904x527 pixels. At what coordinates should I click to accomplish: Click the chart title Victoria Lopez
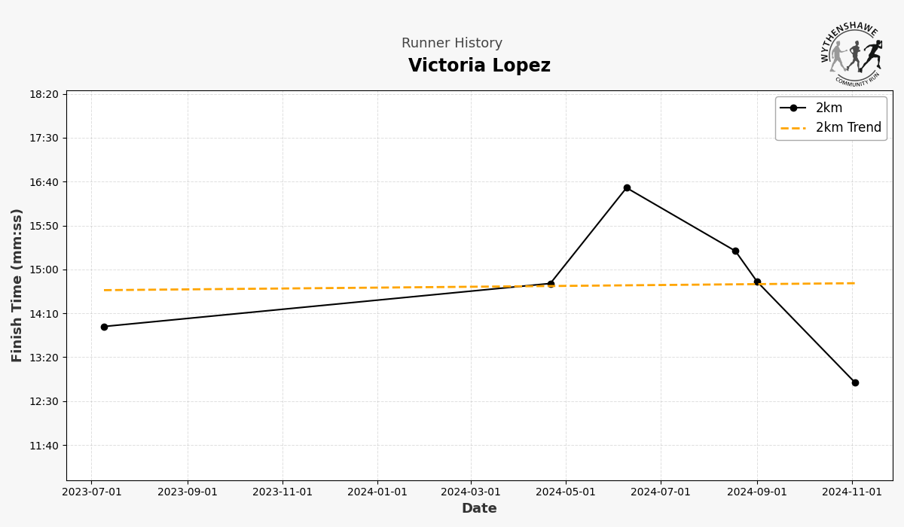[x=479, y=66]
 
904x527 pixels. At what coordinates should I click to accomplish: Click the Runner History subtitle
[x=452, y=44]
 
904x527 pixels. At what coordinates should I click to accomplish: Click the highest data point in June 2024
[x=627, y=187]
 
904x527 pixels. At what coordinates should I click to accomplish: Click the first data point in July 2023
[x=104, y=327]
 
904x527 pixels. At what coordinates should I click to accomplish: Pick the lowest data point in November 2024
[x=855, y=382]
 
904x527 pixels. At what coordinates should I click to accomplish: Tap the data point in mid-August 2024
[x=735, y=251]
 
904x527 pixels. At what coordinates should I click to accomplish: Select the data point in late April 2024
[x=551, y=284]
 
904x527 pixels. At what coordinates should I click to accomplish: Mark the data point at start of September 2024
[x=757, y=282]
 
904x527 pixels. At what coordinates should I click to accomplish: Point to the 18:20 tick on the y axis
[x=44, y=94]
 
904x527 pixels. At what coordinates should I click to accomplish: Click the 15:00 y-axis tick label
[x=44, y=270]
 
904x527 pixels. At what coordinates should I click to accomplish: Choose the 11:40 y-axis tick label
[x=44, y=445]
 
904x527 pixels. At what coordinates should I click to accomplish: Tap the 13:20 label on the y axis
[x=44, y=358]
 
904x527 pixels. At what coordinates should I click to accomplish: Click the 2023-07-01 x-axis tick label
[x=91, y=492]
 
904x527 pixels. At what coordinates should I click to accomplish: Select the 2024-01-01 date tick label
[x=377, y=492]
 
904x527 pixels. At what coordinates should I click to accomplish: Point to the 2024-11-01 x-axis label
[x=852, y=492]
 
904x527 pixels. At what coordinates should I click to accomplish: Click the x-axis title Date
[x=479, y=509]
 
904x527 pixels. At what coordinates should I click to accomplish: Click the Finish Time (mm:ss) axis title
[x=17, y=285]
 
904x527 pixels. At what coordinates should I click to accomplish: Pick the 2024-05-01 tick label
[x=566, y=492]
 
